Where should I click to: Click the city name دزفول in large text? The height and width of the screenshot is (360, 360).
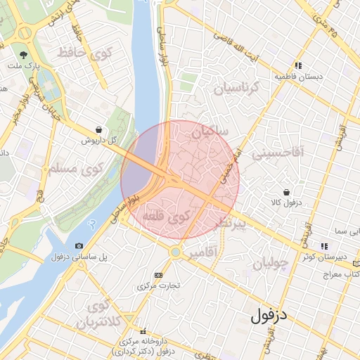269,314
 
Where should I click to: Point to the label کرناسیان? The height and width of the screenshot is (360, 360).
236,89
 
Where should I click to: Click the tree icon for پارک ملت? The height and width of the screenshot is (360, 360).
24,54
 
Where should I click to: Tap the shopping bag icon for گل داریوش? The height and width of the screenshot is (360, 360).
98,130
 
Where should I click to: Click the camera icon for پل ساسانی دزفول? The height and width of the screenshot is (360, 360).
78,245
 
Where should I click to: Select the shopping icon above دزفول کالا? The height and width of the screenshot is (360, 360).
286,192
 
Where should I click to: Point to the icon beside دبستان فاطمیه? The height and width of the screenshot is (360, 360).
300,65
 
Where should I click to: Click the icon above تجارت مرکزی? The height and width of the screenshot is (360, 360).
158,275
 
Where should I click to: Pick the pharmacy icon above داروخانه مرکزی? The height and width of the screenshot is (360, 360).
143,331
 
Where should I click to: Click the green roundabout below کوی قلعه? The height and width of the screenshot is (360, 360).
175,251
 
